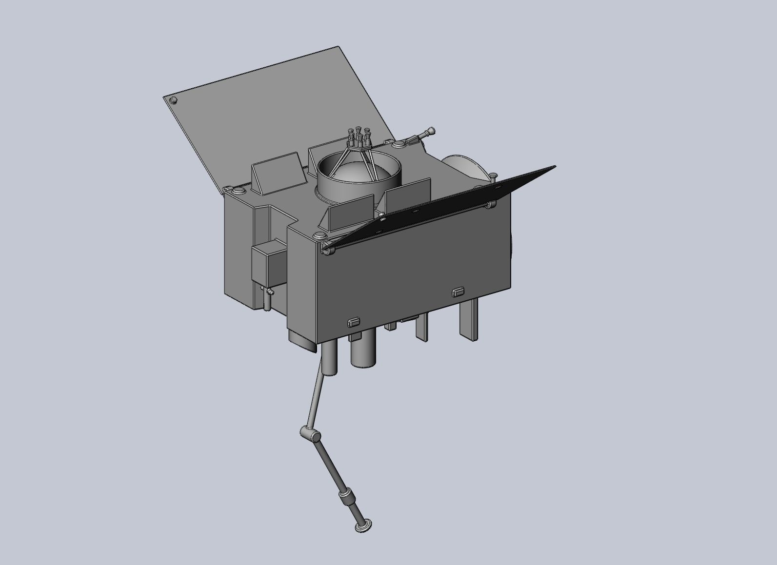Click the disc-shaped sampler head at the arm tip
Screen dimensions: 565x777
363,526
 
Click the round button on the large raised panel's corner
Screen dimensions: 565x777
173,101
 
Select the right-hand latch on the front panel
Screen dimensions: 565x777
458,292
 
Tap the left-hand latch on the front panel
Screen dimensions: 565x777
353,322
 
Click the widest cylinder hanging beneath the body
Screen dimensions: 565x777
363,352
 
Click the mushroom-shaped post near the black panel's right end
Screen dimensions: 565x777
493,176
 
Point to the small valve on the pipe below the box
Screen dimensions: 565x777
267,292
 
